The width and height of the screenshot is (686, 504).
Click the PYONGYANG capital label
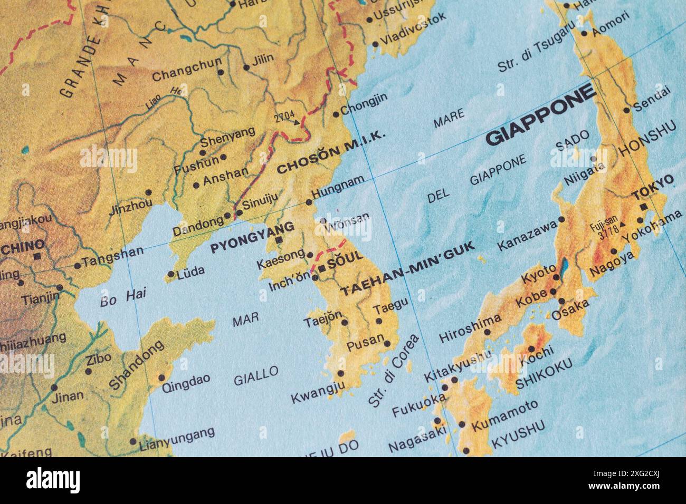(x=252, y=238)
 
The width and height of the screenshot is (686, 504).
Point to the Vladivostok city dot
(x=375, y=44)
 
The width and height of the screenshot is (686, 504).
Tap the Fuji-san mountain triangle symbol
(x=623, y=224)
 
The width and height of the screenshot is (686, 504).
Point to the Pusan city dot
(x=388, y=344)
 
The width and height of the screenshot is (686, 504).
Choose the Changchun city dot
(x=221, y=72)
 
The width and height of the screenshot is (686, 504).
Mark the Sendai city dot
(x=627, y=110)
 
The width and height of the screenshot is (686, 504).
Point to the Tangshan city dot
(x=78, y=265)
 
